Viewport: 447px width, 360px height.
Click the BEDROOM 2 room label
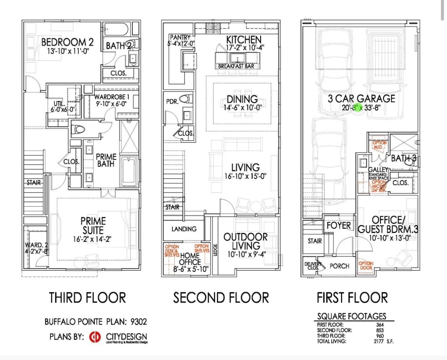click(x=67, y=42)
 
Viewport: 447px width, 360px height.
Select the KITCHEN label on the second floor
click(x=243, y=40)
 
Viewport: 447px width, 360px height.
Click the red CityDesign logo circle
click(x=95, y=337)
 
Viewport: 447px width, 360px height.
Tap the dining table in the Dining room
click(x=242, y=103)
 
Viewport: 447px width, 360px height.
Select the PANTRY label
click(x=180, y=37)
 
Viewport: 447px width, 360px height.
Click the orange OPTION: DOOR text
click(x=366, y=266)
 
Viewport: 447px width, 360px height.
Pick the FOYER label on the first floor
click(x=338, y=225)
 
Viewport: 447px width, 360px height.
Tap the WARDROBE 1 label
click(x=111, y=97)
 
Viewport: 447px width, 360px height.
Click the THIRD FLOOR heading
click(x=87, y=298)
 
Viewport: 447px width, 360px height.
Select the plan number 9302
click(x=139, y=321)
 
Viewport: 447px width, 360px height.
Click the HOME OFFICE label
click(x=190, y=259)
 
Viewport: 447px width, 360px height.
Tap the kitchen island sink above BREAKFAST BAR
click(x=237, y=58)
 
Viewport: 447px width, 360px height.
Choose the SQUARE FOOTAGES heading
click(x=352, y=316)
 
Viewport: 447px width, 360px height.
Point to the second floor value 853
click(x=380, y=330)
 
